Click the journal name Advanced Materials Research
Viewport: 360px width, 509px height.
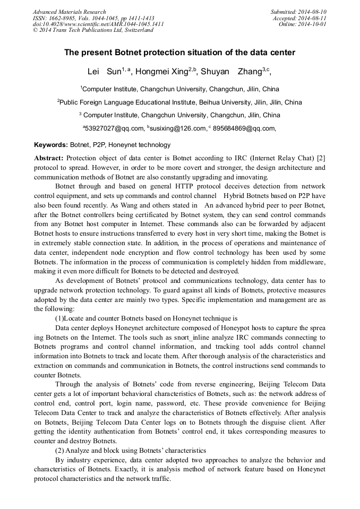click(x=69, y=12)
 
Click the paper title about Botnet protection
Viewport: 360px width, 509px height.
click(x=179, y=53)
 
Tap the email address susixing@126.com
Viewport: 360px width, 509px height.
click(x=179, y=128)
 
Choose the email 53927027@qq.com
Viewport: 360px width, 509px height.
click(x=114, y=128)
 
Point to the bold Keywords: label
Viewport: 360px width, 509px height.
click(x=50, y=145)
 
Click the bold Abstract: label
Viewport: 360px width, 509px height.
click(x=49, y=158)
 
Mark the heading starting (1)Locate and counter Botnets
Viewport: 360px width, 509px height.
click(x=146, y=318)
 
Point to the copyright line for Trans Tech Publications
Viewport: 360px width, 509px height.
click(x=93, y=30)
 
